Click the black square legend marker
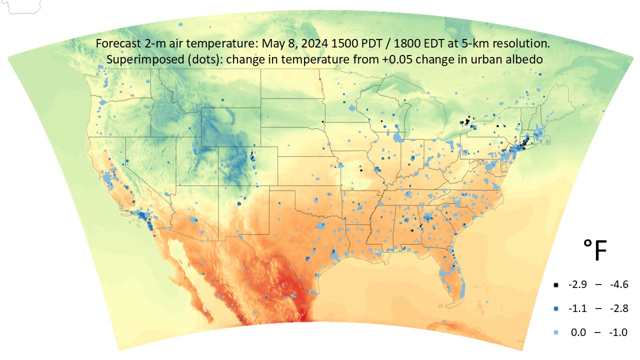pos(555,285)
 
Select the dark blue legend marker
pos(555,309)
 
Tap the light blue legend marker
pos(555,332)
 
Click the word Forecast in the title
pos(114,44)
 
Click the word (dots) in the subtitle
pos(192,59)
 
